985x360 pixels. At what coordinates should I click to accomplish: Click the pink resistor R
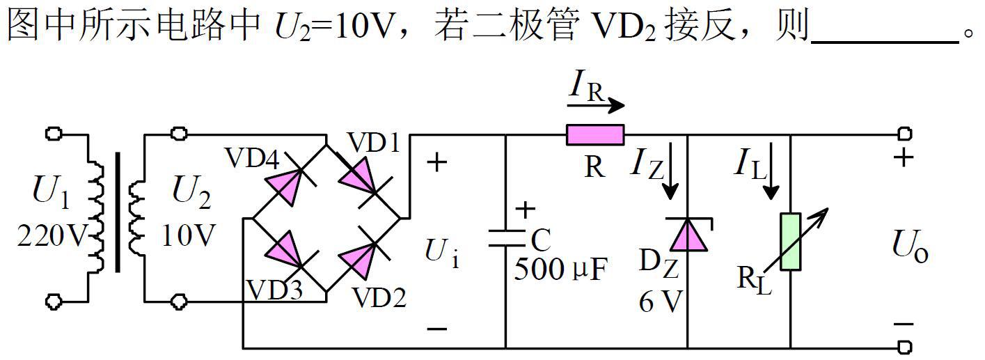click(x=595, y=135)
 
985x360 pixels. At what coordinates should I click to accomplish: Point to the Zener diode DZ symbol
click(x=687, y=234)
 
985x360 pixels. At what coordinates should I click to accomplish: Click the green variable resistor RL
click(x=791, y=242)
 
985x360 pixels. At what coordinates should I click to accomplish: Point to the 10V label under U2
click(x=189, y=237)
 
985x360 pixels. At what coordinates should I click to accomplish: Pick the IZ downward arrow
click(x=671, y=180)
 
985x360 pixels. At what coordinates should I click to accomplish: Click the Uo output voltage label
click(x=910, y=247)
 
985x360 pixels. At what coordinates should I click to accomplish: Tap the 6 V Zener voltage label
click(x=661, y=302)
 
